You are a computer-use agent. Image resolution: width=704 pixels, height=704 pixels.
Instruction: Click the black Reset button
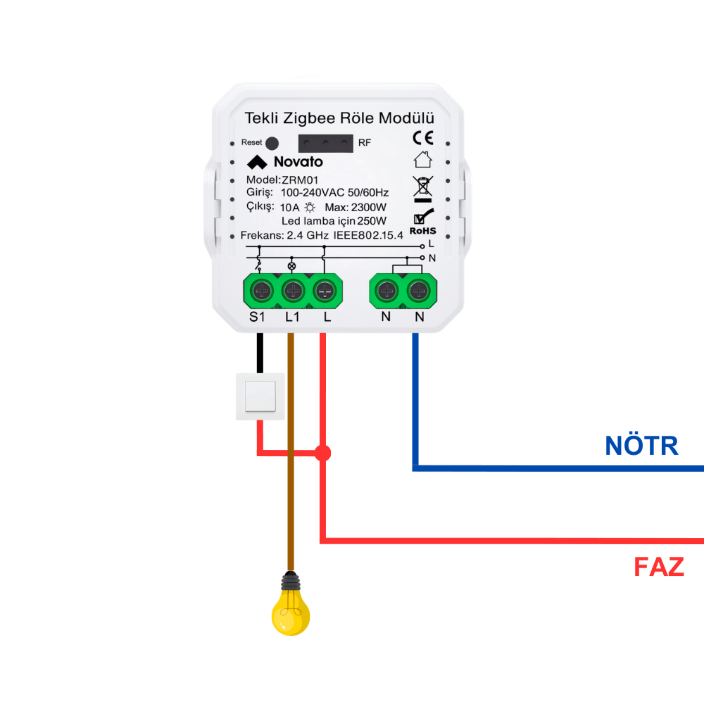(272, 142)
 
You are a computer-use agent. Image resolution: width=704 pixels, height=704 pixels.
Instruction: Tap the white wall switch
(260, 396)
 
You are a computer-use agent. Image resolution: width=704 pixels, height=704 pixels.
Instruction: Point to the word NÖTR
(641, 446)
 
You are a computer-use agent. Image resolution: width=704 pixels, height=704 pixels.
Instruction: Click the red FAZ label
(659, 567)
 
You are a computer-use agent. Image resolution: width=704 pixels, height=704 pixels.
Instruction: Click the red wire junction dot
(322, 453)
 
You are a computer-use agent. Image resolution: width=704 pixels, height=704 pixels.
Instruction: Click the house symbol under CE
(422, 160)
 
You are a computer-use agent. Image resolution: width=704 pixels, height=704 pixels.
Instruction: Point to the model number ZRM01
(299, 180)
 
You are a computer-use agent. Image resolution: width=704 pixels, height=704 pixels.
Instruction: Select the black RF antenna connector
(325, 142)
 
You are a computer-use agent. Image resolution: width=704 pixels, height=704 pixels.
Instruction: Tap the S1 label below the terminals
(258, 317)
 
